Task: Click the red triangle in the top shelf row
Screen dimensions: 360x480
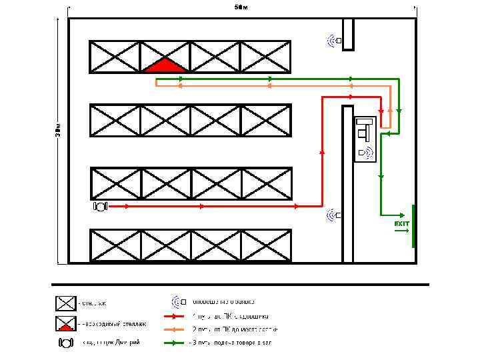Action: [166, 65]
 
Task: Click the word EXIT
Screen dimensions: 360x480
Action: [401, 223]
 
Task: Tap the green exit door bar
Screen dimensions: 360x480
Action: [413, 226]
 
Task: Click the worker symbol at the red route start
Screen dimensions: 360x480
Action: [101, 207]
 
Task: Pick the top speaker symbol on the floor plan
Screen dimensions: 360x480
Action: [335, 41]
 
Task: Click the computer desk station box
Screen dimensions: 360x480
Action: [365, 139]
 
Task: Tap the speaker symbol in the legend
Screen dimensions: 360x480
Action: [179, 301]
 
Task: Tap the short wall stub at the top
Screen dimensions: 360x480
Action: [348, 34]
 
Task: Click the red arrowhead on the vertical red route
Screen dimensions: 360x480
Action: [322, 152]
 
